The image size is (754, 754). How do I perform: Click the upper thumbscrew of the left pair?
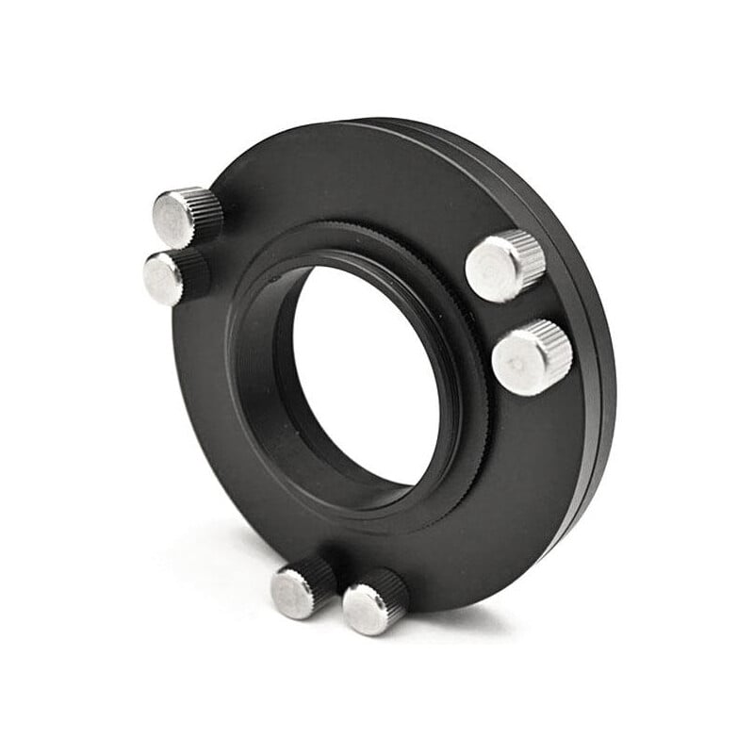point(187,216)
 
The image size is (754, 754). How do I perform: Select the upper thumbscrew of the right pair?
point(505,266)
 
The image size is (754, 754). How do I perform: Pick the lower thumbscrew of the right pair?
point(532,356)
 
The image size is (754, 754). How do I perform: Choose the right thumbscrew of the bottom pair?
point(374,601)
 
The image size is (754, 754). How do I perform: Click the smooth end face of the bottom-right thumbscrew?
point(364,611)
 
